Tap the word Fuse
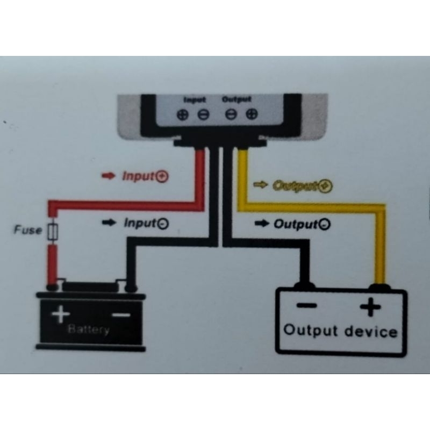(27, 230)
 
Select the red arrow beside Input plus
(109, 176)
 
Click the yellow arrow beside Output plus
(260, 185)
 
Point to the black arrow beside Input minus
(109, 223)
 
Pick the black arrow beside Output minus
(261, 224)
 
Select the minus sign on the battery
(121, 314)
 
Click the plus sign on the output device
(370, 308)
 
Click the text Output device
(340, 331)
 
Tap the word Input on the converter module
(194, 100)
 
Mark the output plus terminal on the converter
(252, 114)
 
